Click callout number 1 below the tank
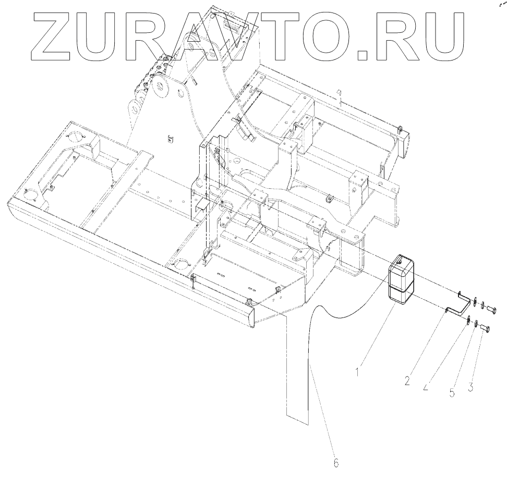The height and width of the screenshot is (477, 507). click(x=357, y=372)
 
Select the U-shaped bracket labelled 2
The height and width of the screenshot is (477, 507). click(x=459, y=305)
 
